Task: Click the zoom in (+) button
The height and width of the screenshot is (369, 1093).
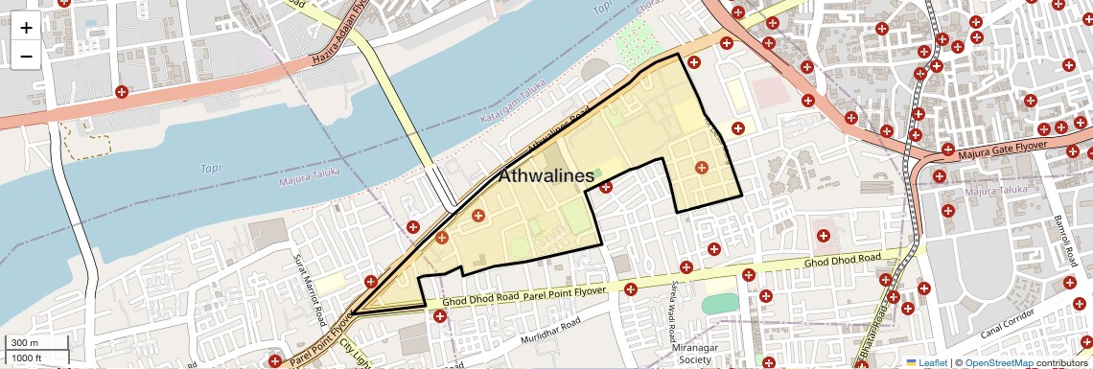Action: click(x=26, y=28)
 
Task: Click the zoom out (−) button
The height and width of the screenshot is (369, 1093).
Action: click(x=26, y=57)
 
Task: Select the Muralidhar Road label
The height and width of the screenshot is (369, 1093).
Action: click(x=550, y=337)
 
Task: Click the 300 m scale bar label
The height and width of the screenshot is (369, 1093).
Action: click(x=25, y=343)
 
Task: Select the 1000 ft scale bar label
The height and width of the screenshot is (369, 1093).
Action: click(x=28, y=357)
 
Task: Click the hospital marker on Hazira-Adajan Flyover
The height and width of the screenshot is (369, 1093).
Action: click(x=122, y=92)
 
